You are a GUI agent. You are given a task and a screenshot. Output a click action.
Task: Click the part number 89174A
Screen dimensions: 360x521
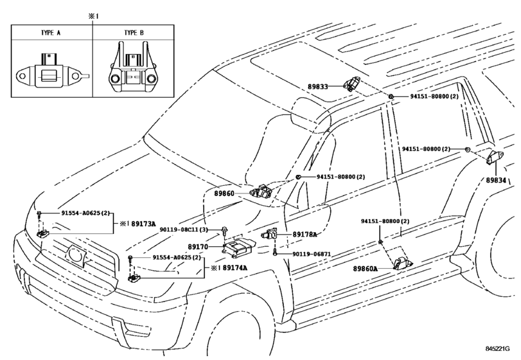click(x=234, y=267)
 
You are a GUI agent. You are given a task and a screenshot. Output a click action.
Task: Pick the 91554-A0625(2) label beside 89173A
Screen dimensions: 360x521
click(x=85, y=212)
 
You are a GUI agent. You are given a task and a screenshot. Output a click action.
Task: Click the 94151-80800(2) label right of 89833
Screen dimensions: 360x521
click(x=434, y=96)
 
